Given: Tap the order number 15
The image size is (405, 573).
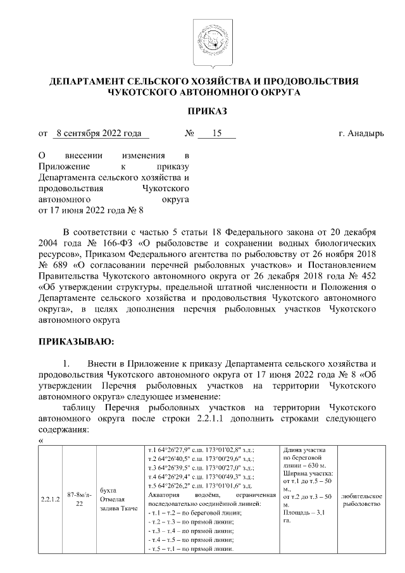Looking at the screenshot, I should (216, 134).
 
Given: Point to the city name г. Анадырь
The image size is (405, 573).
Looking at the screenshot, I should (361, 134).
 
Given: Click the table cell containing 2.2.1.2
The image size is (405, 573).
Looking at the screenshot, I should (50, 499).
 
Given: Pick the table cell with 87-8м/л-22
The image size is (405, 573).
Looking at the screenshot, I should (77, 499).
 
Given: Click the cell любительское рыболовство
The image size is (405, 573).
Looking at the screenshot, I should (361, 499).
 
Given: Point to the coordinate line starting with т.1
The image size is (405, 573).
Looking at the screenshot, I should (209, 450).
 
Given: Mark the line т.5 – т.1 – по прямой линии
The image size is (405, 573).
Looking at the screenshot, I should (190, 548).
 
